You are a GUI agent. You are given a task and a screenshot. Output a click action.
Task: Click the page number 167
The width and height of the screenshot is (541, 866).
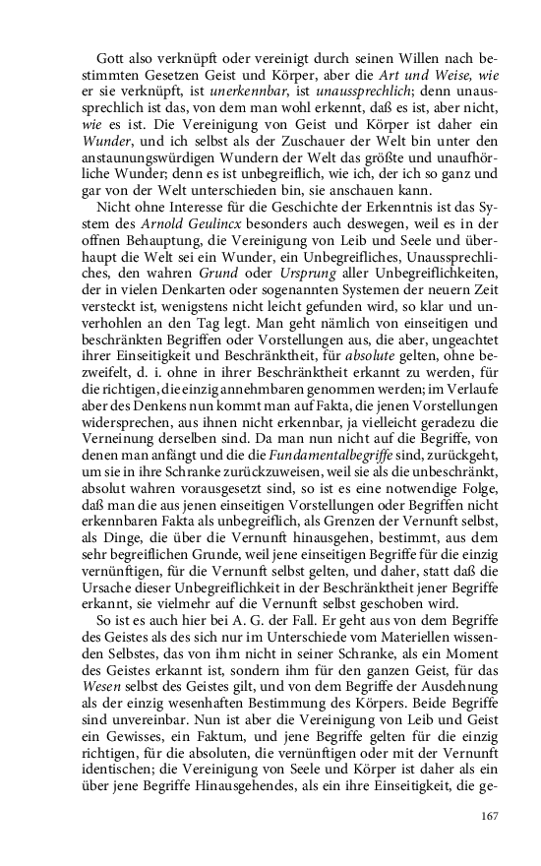click(x=491, y=816)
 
